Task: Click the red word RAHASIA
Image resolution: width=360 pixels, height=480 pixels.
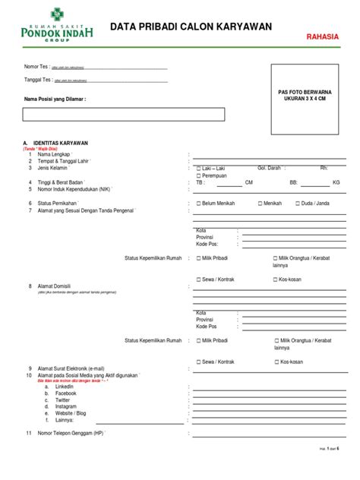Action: pyautogui.click(x=322, y=36)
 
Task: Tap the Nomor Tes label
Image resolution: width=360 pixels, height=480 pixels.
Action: pyautogui.click(x=37, y=67)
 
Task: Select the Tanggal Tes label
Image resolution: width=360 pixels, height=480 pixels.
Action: pyautogui.click(x=39, y=80)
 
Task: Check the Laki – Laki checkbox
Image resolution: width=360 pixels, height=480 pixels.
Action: pyautogui.click(x=199, y=168)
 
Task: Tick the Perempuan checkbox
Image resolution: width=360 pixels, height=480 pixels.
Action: pyautogui.click(x=199, y=175)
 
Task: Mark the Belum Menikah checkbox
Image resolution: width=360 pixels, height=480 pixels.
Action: pyautogui.click(x=199, y=204)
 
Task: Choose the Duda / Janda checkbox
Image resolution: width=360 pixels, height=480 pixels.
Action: pyautogui.click(x=296, y=204)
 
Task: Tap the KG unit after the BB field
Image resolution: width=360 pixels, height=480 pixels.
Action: pyautogui.click(x=336, y=182)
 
